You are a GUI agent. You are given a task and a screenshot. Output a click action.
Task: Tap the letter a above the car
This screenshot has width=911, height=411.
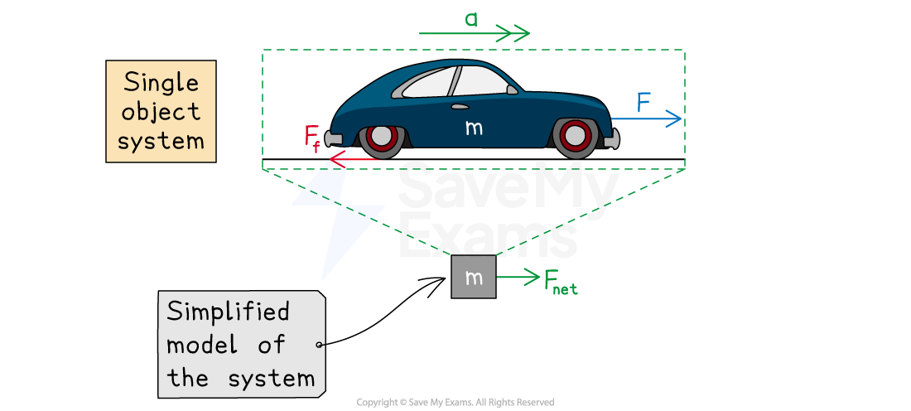471,18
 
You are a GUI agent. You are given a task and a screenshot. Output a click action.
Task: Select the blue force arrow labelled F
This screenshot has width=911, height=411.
646,119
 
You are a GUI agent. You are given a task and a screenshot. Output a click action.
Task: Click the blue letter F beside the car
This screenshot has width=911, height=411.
643,103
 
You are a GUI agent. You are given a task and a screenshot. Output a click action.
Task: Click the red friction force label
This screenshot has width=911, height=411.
311,138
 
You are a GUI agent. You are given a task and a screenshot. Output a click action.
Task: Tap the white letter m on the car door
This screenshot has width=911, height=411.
474,128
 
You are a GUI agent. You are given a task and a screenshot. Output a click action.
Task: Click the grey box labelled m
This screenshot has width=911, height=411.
474,278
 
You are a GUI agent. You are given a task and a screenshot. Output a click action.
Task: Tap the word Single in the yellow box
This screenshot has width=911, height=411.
161,83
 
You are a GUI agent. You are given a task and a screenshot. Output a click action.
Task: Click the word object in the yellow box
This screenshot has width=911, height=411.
161,112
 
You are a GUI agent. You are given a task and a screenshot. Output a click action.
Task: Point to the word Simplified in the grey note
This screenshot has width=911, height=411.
229,312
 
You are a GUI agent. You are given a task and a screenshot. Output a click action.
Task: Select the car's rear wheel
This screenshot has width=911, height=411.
381,138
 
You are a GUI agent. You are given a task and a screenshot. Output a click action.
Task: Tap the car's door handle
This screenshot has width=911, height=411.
460,107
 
